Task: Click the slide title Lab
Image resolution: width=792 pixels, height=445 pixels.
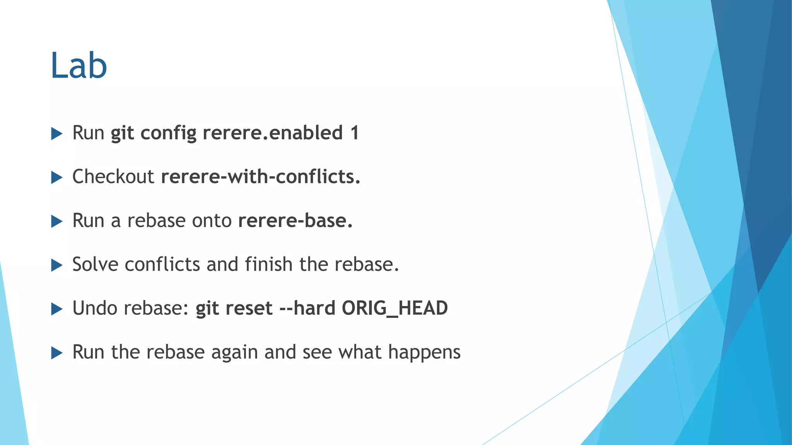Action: (79, 66)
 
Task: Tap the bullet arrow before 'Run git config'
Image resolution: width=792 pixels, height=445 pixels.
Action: (56, 134)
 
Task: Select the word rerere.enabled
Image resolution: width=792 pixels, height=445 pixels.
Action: (273, 133)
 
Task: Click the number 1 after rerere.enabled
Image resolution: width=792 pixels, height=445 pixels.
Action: (355, 133)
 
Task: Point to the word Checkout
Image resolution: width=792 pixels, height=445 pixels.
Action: (113, 177)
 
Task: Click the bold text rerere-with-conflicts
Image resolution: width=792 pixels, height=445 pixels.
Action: (261, 177)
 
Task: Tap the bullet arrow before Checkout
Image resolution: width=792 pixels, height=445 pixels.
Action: (56, 178)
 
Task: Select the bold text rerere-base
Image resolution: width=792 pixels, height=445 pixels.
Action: (295, 221)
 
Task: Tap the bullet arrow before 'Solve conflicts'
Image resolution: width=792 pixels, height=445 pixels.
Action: (56, 265)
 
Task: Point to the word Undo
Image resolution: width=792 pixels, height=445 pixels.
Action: (94, 308)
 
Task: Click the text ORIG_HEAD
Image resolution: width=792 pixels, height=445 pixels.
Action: (394, 308)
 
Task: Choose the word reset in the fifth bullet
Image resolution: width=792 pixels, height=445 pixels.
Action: (249, 309)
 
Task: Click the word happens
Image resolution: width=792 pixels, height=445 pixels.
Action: (424, 352)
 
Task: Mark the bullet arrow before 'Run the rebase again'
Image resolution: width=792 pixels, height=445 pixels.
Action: (56, 353)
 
